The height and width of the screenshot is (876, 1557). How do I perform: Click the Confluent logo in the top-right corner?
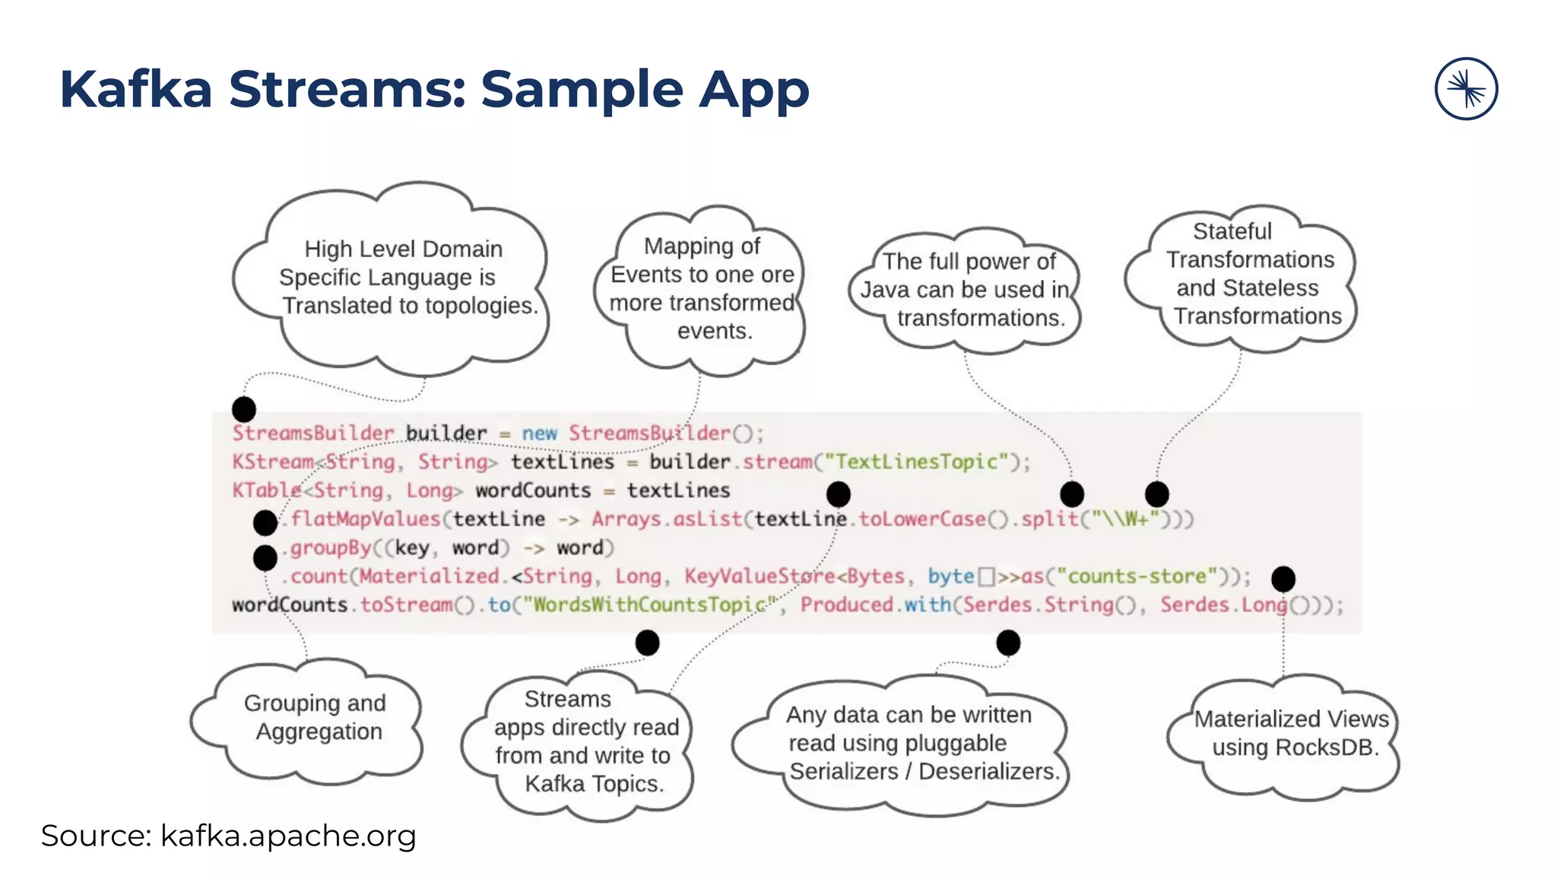click(x=1466, y=89)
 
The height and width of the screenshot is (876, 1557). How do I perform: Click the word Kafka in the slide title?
click(x=135, y=90)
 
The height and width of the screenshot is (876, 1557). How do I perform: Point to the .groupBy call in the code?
click(x=330, y=548)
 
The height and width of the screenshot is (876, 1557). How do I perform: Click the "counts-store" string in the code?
click(x=1137, y=576)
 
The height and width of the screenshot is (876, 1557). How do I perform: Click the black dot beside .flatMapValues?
click(x=265, y=522)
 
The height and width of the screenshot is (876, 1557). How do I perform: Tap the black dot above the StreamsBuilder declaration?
click(x=243, y=409)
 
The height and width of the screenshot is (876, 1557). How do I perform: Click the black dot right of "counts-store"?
click(x=1283, y=579)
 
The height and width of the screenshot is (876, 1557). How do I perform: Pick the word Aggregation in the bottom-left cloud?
click(x=319, y=732)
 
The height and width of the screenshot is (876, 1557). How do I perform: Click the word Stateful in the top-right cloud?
click(x=1232, y=231)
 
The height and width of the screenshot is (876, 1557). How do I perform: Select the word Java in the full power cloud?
click(x=885, y=290)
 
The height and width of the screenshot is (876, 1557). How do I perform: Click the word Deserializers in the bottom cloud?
click(x=988, y=772)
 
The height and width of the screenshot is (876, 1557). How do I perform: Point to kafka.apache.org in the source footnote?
click(x=287, y=836)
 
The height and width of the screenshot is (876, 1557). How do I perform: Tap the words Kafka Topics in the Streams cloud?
click(x=594, y=784)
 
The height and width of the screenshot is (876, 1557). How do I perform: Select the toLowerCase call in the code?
click(x=921, y=519)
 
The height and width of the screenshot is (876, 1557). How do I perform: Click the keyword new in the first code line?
click(x=539, y=433)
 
